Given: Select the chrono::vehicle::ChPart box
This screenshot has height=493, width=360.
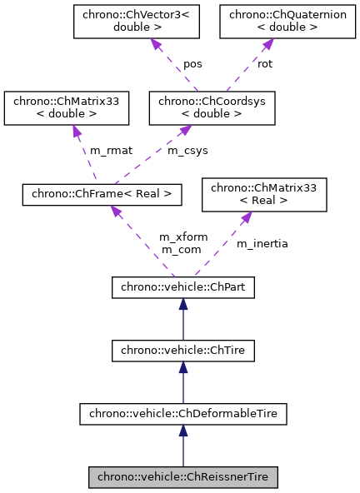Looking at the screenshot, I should (x=182, y=287).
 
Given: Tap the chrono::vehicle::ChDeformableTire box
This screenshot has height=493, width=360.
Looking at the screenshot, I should (x=182, y=414).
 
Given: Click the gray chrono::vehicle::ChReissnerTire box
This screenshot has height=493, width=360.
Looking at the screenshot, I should (x=182, y=477).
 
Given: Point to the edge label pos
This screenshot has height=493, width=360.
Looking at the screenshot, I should (x=192, y=63).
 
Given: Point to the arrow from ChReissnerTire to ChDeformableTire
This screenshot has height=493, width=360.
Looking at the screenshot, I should (x=182, y=446).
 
